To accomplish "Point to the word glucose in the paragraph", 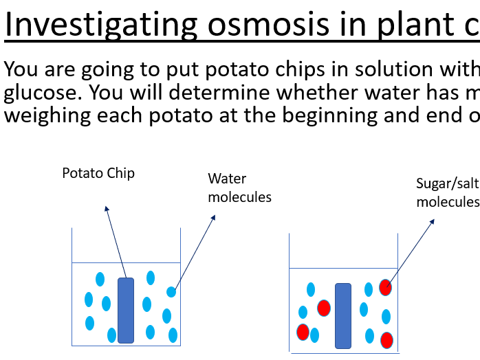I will click(42, 93).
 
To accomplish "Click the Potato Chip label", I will click(98, 173).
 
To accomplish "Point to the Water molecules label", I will click(239, 188).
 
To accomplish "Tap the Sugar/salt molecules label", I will click(448, 192).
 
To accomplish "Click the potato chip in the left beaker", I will click(126, 310).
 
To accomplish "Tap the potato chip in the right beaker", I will click(342, 315).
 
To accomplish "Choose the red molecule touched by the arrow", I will click(386, 287).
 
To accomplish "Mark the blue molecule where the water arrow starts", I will click(171, 292).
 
